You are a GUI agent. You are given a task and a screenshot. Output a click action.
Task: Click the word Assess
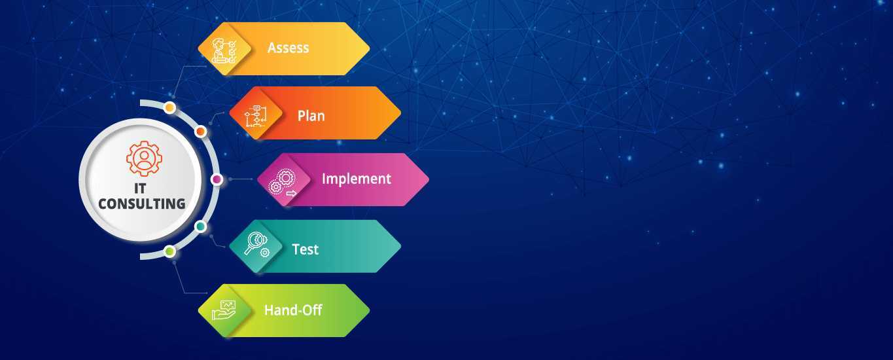(x=288, y=48)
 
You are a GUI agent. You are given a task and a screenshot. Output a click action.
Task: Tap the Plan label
(x=311, y=116)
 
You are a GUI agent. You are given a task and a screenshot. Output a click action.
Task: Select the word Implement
(x=356, y=179)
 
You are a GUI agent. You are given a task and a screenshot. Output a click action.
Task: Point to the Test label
(x=305, y=249)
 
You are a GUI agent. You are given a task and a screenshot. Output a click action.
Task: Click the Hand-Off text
(x=293, y=310)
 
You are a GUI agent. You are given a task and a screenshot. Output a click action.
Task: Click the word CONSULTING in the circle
(x=141, y=204)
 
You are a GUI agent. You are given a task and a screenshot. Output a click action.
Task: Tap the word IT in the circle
(x=140, y=188)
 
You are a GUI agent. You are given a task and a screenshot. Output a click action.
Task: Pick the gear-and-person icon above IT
(x=144, y=158)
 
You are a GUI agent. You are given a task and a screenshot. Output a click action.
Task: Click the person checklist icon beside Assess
(x=224, y=50)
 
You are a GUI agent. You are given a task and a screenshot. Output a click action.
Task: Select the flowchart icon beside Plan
(x=256, y=116)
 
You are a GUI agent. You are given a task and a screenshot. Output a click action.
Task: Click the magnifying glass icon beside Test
(x=257, y=244)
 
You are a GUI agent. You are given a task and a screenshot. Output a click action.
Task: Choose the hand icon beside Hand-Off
(x=224, y=310)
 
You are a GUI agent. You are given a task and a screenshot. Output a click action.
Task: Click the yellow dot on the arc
(x=170, y=107)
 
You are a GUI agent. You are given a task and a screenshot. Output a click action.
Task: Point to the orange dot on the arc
(x=201, y=131)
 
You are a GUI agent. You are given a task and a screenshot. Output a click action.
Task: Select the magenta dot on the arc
(x=217, y=179)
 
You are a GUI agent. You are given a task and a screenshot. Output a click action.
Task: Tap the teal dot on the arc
(x=201, y=227)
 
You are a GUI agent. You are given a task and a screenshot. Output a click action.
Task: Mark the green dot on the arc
(x=170, y=251)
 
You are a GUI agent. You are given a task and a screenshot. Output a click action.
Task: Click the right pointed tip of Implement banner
(x=429, y=179)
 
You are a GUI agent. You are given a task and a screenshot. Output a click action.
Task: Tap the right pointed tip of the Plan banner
(x=400, y=113)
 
